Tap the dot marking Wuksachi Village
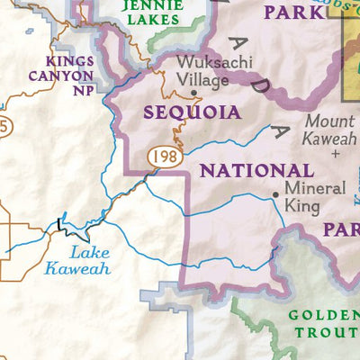pos(193,92)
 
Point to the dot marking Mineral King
pos(275,194)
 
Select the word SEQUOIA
pos(192,112)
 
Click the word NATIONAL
pos(256,171)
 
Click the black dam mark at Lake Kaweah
pos(59,224)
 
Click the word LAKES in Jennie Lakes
pos(153,22)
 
